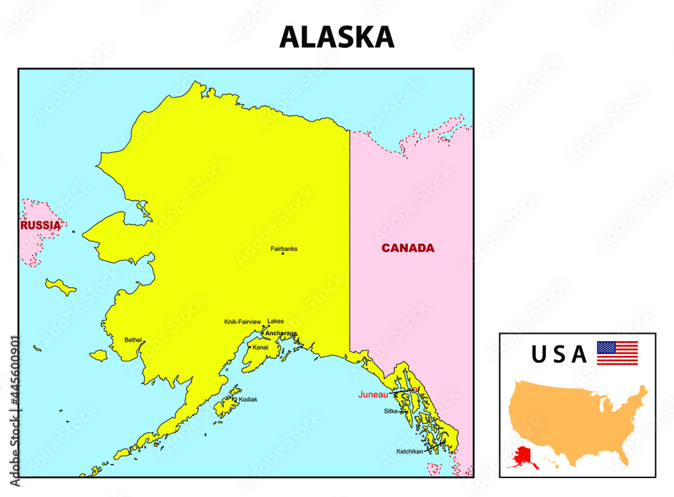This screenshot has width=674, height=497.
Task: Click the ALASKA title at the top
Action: click(336, 37)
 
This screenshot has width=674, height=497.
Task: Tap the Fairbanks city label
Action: click(284, 248)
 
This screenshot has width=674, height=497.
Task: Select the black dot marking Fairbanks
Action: click(283, 254)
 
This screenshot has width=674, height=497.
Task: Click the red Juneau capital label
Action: click(373, 394)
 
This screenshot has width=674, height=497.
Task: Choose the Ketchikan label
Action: click(410, 451)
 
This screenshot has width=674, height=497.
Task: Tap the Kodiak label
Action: click(248, 399)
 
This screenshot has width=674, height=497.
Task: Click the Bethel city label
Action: click(133, 340)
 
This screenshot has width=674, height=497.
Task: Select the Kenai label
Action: click(260, 347)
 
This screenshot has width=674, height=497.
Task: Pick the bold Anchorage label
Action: click(281, 333)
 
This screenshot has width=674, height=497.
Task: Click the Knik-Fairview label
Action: click(243, 322)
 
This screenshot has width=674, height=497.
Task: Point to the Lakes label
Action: click(276, 321)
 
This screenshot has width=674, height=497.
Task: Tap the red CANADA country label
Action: click(408, 248)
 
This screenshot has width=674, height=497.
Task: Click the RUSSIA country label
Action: click(40, 225)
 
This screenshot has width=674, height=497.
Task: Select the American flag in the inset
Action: click(617, 353)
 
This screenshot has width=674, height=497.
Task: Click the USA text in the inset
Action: click(559, 354)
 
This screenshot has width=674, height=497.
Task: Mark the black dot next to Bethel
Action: click(144, 342)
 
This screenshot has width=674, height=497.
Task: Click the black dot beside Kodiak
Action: click(235, 399)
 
